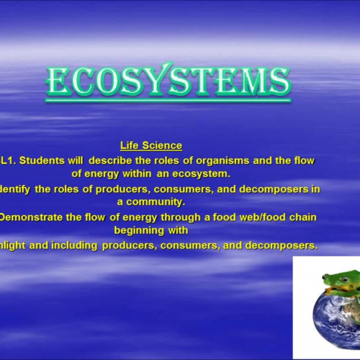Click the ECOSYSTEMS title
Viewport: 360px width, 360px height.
168,81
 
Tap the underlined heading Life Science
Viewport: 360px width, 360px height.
150,146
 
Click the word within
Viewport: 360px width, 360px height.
140,174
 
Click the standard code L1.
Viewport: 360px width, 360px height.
7,161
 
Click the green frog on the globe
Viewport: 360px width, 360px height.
338,281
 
